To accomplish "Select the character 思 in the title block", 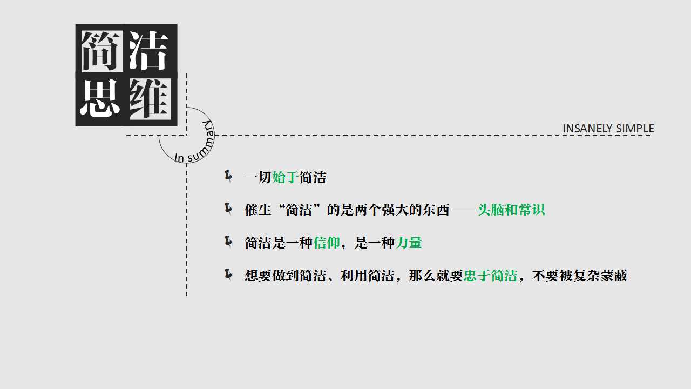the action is point(99,98).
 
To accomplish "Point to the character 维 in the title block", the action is point(150,99).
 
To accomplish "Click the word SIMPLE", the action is point(635,129).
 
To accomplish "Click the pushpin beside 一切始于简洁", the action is point(228,176).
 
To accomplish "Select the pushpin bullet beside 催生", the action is point(228,209).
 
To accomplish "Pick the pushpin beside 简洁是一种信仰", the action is point(228,242).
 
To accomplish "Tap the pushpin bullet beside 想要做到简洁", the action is point(228,274).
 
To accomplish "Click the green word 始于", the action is point(286,178).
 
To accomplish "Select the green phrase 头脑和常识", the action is point(511,210).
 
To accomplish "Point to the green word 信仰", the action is point(327,243).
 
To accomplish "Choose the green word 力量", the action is point(409,243).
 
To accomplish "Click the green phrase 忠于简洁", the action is point(490,276).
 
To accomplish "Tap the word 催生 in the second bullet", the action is point(258,210).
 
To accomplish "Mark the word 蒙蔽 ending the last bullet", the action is point(614,276).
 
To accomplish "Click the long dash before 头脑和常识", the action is point(463,210).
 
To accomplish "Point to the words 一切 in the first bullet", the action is point(258,178).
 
